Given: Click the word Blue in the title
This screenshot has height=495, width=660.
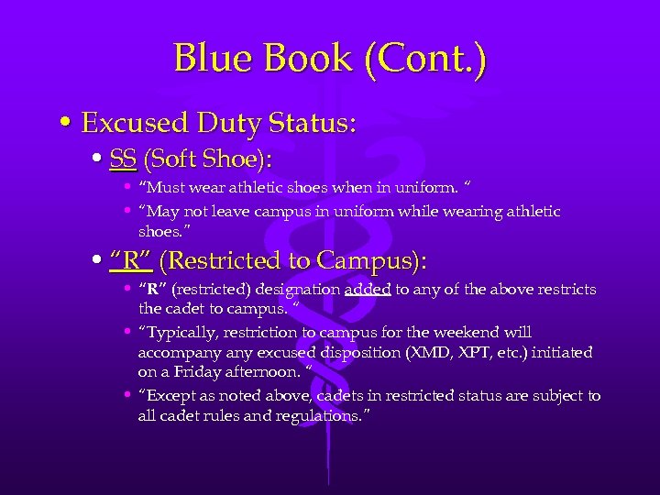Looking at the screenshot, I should click(x=214, y=59).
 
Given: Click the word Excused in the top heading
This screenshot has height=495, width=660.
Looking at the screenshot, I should click(x=135, y=122).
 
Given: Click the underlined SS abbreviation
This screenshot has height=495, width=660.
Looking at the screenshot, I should click(x=123, y=159).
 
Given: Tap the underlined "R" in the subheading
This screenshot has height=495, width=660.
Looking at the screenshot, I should click(x=130, y=261).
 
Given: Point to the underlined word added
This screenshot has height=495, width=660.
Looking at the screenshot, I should click(x=368, y=290).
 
